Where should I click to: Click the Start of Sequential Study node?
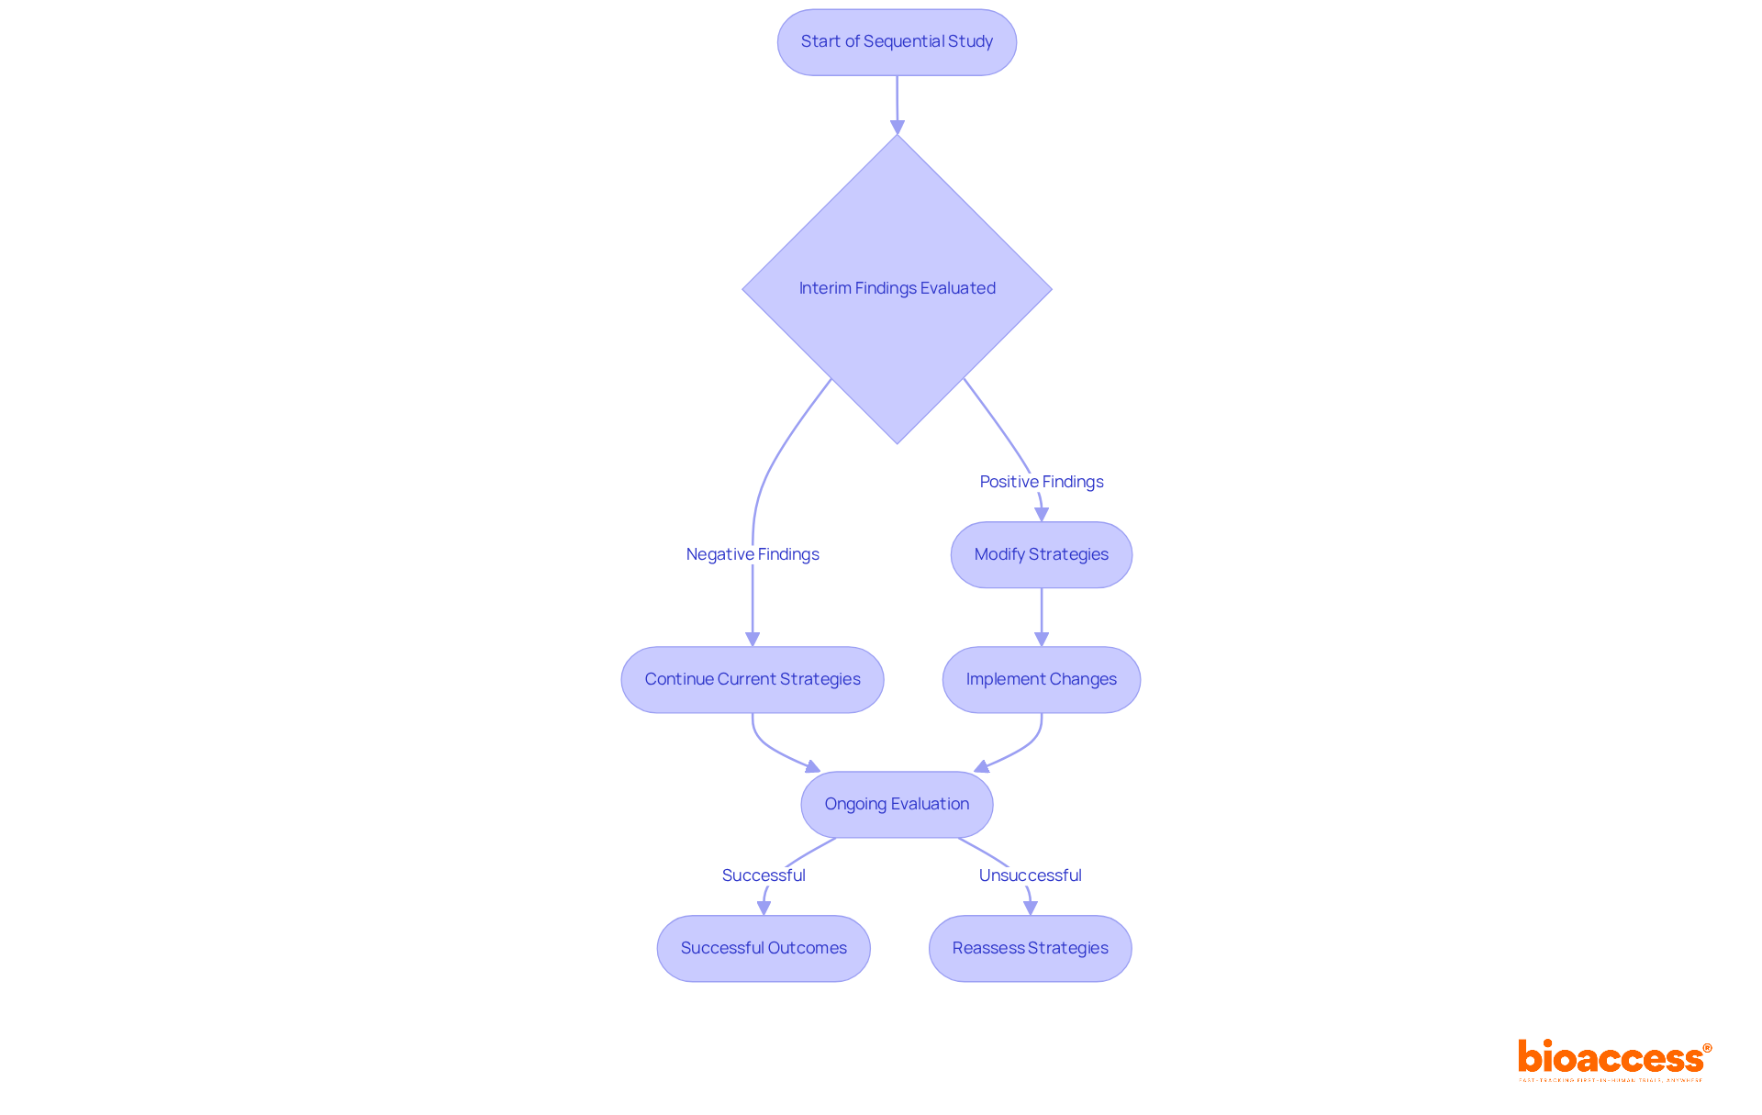(897, 42)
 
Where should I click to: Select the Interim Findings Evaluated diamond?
(897, 288)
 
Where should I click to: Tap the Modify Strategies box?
(1041, 554)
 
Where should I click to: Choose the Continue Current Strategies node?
(752, 679)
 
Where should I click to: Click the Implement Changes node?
(1041, 679)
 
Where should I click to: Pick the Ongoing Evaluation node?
(897, 804)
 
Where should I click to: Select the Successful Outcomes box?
(763, 948)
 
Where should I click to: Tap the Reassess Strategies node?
(1030, 948)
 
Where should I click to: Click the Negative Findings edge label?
(752, 554)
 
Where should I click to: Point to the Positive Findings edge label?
(1041, 482)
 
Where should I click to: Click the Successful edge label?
(763, 875)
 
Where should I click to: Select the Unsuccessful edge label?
(1030, 875)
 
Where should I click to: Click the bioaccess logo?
(1613, 1059)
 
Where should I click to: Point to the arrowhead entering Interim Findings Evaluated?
(898, 128)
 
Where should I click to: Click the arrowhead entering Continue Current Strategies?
(753, 640)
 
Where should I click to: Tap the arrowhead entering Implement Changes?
(1042, 640)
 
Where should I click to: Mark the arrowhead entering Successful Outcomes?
(764, 908)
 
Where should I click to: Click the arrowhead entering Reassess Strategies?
(1031, 908)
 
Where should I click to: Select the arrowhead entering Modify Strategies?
(1042, 515)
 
